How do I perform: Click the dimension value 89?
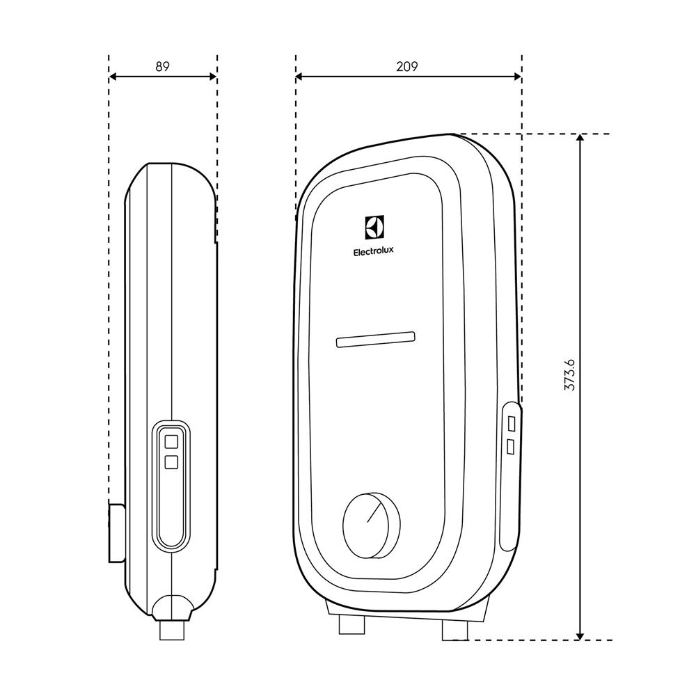point(162,67)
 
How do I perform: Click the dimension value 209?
point(407,67)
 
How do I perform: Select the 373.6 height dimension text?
point(569,375)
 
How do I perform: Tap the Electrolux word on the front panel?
point(373,253)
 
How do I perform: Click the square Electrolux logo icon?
point(374,228)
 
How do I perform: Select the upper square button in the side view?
point(171,441)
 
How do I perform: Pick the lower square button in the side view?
point(171,461)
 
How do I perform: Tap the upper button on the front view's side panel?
point(512,423)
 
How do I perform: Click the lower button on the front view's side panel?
point(512,445)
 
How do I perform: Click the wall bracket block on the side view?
point(116,532)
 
